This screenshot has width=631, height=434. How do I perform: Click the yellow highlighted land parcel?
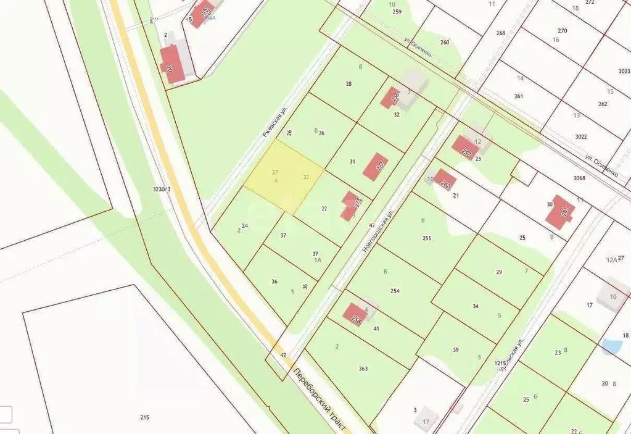(x=284, y=176)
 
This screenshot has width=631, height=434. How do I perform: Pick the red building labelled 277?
(x=376, y=167)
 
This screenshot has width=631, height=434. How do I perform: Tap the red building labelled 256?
(x=390, y=98)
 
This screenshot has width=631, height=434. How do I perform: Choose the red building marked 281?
(x=560, y=212)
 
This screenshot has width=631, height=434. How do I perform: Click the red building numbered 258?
(x=355, y=314)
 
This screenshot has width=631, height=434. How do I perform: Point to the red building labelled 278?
(x=351, y=205)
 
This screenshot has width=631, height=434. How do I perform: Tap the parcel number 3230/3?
(x=162, y=189)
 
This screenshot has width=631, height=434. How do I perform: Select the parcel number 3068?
(x=579, y=178)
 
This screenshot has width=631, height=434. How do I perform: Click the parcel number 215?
(x=144, y=418)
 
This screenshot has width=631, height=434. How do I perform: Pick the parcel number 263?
(x=363, y=369)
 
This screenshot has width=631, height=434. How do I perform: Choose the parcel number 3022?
(x=580, y=136)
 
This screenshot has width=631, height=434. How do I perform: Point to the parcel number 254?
(x=395, y=291)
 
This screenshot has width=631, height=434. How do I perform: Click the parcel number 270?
(x=562, y=31)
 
